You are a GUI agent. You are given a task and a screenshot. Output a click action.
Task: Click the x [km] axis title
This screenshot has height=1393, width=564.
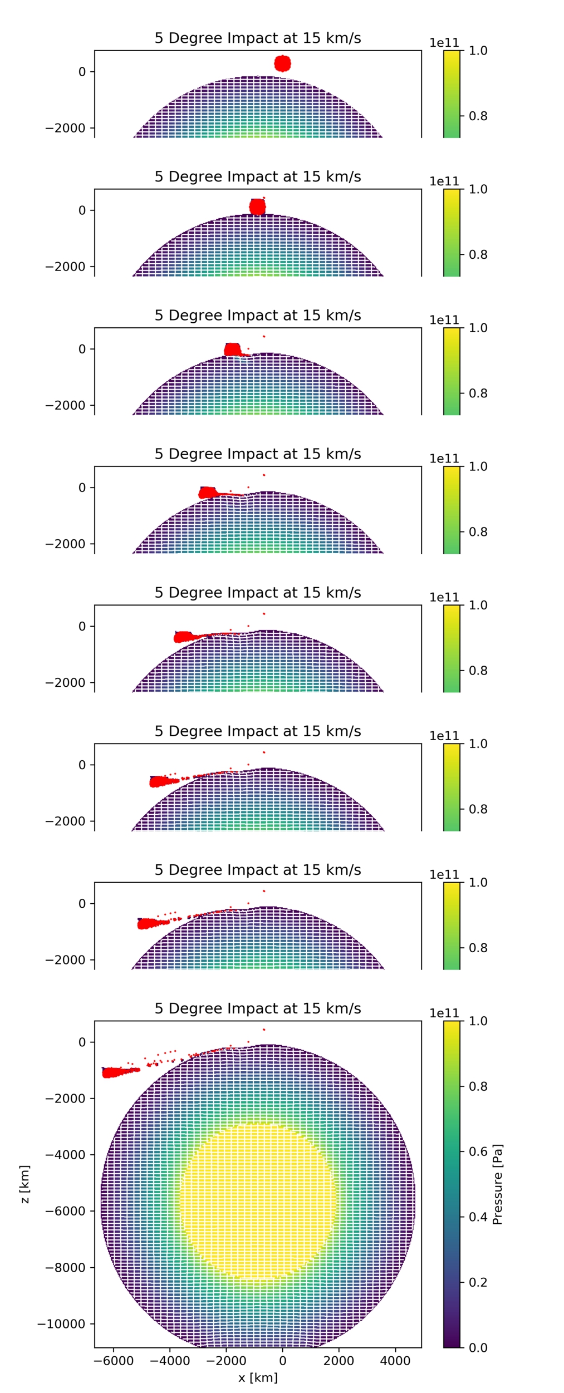[x=258, y=1377]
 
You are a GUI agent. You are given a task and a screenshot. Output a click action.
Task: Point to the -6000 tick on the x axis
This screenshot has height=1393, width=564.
[x=114, y=1361]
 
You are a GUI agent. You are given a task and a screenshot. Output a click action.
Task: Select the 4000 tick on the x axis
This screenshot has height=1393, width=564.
[x=395, y=1361]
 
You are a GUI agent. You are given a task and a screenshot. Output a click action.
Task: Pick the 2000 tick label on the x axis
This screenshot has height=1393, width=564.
[x=339, y=1361]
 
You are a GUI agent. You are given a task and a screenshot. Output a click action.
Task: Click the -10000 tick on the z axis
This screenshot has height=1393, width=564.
[x=61, y=1324]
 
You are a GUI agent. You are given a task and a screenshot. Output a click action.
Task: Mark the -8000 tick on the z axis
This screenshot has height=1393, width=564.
[x=65, y=1268]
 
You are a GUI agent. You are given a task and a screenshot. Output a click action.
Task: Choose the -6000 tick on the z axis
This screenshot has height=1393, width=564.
[x=65, y=1211]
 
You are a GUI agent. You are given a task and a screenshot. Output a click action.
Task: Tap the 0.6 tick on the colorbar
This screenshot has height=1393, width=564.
[x=478, y=1151]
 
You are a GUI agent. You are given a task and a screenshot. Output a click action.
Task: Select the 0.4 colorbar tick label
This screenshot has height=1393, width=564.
[x=478, y=1217]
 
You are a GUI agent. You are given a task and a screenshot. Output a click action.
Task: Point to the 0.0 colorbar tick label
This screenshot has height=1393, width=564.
[x=478, y=1347]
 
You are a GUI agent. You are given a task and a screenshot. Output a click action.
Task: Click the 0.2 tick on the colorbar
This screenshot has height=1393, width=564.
[x=478, y=1282]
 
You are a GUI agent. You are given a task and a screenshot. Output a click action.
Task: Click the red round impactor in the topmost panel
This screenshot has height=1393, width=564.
[x=283, y=63]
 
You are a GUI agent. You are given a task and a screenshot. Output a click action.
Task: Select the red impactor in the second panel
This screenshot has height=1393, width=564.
[x=257, y=207]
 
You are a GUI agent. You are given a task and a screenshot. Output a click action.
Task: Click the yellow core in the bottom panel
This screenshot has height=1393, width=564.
[x=258, y=1201]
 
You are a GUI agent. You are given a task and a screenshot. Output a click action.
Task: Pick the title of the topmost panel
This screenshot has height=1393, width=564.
[x=258, y=38]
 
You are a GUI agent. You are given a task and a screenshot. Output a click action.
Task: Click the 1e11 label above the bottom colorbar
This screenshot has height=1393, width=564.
[x=444, y=1013]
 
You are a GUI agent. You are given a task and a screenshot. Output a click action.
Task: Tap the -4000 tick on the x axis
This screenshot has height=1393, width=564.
[x=170, y=1361]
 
